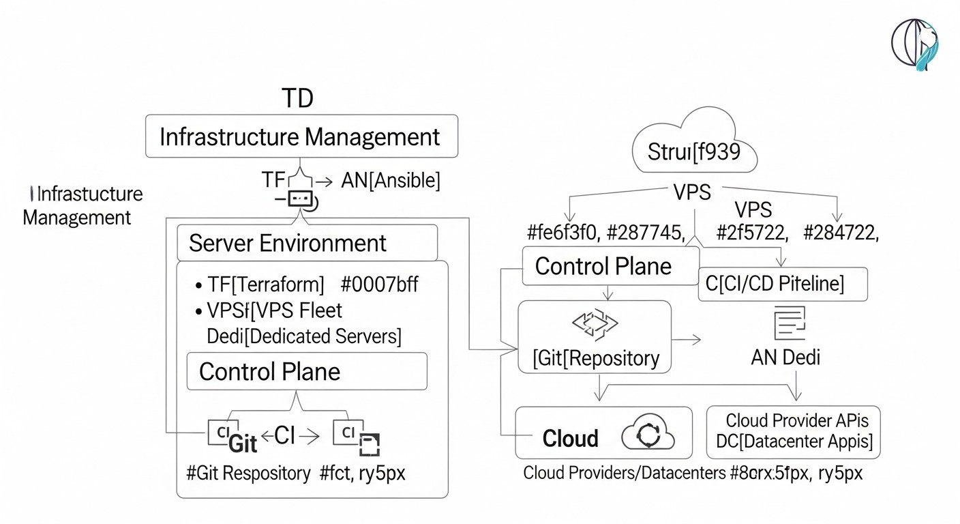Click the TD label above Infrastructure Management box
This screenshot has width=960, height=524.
(297, 98)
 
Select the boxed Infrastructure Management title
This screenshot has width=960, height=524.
(301, 136)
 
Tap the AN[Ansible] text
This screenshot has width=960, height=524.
(390, 181)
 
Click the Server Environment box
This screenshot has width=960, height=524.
(306, 243)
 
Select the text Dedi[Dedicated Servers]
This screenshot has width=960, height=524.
(304, 336)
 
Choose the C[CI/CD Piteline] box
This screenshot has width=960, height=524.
(782, 284)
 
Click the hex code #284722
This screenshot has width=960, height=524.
(840, 233)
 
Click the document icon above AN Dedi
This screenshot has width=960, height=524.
(790, 323)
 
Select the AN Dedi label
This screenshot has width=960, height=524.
(785, 356)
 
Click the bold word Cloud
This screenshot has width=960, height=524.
(570, 438)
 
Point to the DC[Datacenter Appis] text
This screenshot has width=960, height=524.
(794, 441)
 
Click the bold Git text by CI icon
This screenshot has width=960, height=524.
(243, 443)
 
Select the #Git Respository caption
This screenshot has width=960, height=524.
(248, 473)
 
